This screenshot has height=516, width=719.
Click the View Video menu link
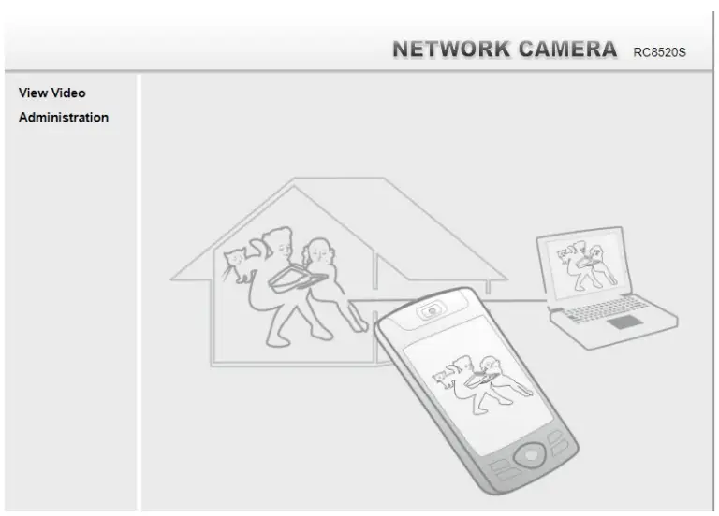coord(51,93)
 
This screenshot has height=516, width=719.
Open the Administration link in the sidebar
coord(64,118)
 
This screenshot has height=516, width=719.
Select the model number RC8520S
coord(659,52)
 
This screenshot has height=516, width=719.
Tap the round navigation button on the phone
coord(531,455)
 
